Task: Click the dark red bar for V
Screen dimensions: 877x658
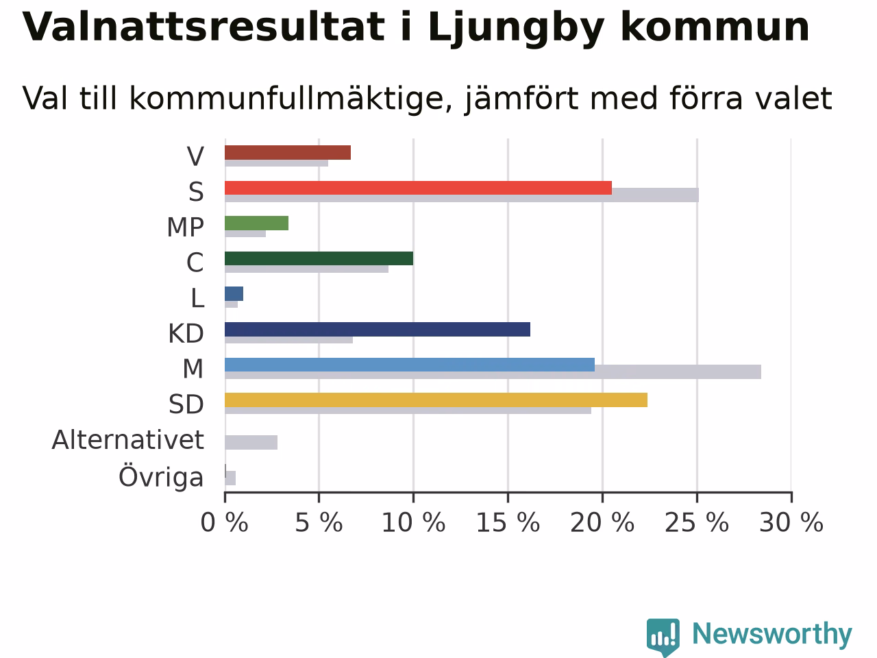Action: [288, 153]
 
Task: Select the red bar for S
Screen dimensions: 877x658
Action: [419, 188]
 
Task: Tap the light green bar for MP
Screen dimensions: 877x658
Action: [256, 223]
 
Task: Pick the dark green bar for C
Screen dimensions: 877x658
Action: [319, 258]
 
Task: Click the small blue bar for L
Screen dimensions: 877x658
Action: [234, 293]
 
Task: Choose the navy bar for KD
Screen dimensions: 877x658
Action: [378, 329]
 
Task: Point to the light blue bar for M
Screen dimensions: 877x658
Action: [410, 365]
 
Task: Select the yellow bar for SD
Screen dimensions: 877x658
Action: [436, 400]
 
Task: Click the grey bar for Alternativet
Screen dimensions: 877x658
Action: [251, 443]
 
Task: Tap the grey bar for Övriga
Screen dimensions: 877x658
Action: [230, 478]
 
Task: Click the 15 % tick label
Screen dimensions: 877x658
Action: [508, 522]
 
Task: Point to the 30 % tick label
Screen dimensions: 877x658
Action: [791, 522]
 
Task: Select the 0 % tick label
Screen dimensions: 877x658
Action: [224, 522]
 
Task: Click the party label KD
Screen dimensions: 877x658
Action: [186, 333]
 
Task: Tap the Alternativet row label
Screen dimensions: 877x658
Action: [128, 439]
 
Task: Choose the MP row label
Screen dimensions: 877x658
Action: [186, 227]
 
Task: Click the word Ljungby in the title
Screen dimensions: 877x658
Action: [516, 29]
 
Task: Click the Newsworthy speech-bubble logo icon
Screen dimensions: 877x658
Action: [663, 636]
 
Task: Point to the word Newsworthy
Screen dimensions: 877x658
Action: [772, 634]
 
